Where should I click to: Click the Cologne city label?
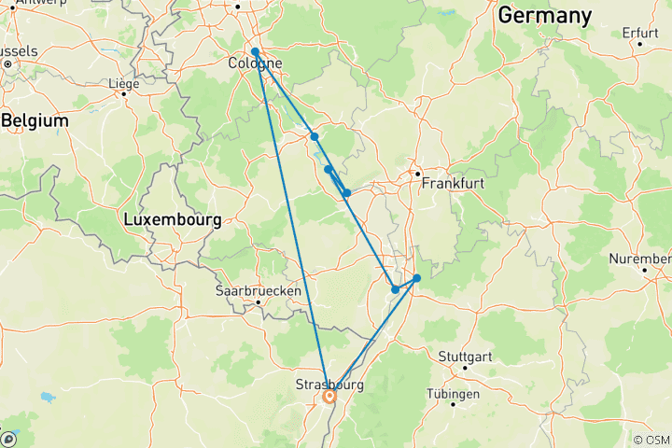pyautogui.click(x=255, y=64)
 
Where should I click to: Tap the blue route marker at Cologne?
pyautogui.click(x=255, y=52)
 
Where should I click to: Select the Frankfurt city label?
pyautogui.click(x=453, y=184)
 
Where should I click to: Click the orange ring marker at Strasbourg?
pyautogui.click(x=329, y=396)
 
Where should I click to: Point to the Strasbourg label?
pyautogui.click(x=328, y=384)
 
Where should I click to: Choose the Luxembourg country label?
pyautogui.click(x=173, y=221)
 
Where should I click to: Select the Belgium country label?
pyautogui.click(x=35, y=121)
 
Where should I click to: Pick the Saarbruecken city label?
pyautogui.click(x=259, y=291)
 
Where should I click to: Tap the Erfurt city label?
pyautogui.click(x=640, y=33)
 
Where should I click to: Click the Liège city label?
pyautogui.click(x=124, y=84)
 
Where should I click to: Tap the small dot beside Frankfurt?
pyautogui.click(x=418, y=173)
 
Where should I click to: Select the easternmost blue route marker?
pyautogui.click(x=416, y=278)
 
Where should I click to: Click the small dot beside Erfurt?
pyautogui.click(x=640, y=44)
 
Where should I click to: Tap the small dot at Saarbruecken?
pyautogui.click(x=258, y=302)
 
